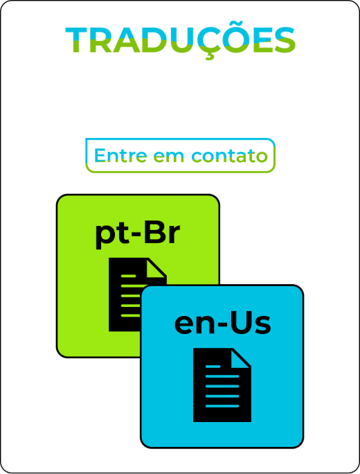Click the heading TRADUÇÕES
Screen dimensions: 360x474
coord(180,41)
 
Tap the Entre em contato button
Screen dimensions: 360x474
coord(180,155)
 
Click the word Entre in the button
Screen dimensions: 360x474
coord(120,155)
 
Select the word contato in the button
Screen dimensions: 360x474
coord(230,155)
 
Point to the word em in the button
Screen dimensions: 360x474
coord(168,157)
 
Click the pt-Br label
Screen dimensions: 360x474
coord(138,235)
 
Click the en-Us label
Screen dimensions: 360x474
coord(223,324)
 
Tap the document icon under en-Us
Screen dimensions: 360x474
coord(222,385)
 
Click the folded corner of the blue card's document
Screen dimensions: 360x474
coord(241,359)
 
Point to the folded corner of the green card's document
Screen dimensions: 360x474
coord(156,268)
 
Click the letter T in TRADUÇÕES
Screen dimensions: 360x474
coord(78,40)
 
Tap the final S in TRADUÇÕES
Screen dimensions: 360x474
coord(285,40)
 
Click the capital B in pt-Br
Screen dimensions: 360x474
coord(154,233)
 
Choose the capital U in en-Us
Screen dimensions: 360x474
coord(238,324)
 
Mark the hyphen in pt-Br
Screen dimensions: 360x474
coord(136,235)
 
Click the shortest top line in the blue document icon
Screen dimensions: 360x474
coord(213,367)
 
